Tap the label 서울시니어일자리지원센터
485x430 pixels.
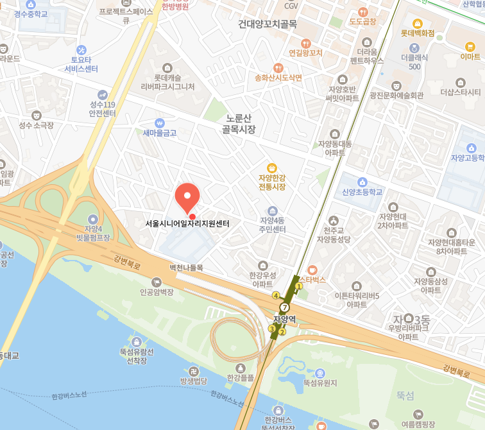click(187, 223)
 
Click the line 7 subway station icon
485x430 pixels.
click(285, 308)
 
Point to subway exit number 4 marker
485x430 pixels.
click(275, 296)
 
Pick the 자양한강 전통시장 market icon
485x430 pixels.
click(271, 168)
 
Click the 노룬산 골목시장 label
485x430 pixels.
click(239, 124)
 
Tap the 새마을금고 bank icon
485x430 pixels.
click(160, 123)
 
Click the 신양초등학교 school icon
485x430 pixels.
click(362, 182)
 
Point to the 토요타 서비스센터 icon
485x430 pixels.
click(81, 50)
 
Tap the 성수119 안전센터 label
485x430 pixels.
click(102, 108)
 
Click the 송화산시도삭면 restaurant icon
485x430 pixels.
click(278, 67)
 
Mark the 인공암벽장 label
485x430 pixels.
click(157, 292)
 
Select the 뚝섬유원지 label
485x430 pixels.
click(319, 383)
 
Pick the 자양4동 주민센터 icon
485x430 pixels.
click(272, 211)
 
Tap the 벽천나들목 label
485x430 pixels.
click(186, 267)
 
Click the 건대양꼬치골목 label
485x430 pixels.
click(268, 24)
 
